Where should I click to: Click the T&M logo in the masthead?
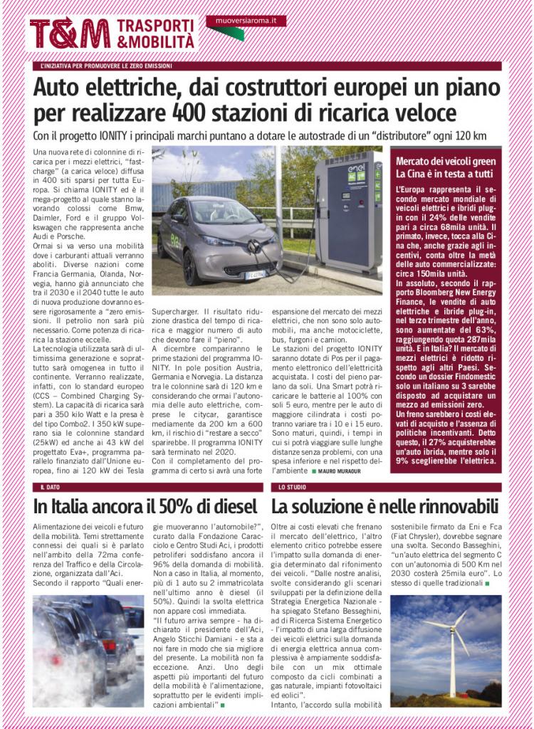(69, 33)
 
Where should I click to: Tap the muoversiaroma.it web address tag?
(246, 22)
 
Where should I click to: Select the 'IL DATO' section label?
(51, 487)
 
